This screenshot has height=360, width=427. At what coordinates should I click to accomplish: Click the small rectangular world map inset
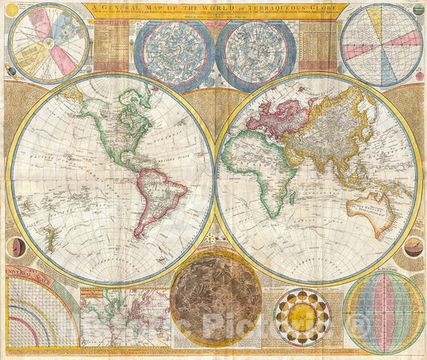tap(125, 317)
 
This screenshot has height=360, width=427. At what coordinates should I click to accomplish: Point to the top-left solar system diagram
tap(48, 43)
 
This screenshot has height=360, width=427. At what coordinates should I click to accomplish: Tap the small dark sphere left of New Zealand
tap(15, 248)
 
